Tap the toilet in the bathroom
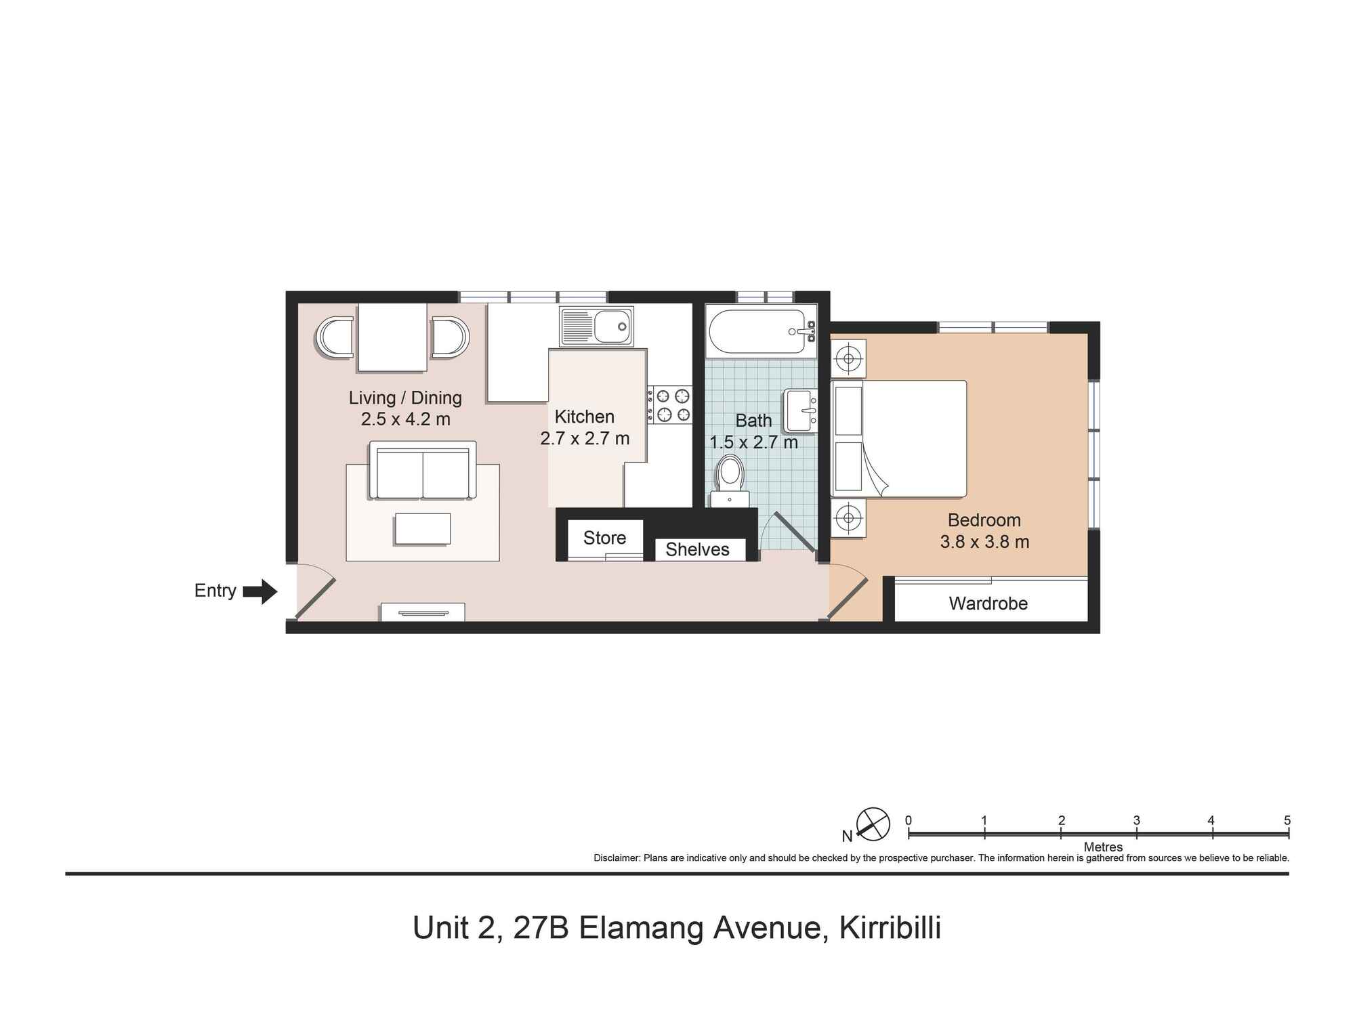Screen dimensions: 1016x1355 click(730, 477)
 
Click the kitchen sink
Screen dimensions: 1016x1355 click(596, 326)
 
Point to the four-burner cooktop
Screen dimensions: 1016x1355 click(669, 405)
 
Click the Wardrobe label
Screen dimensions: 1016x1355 click(988, 604)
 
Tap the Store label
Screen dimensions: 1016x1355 click(604, 538)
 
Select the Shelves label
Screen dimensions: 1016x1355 click(697, 549)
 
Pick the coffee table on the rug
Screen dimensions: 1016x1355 click(423, 529)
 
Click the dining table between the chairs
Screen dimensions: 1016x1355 click(392, 337)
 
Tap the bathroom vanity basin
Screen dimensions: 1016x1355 click(801, 411)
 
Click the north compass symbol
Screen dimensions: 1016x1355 click(873, 824)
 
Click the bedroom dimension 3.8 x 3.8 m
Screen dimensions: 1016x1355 click(984, 542)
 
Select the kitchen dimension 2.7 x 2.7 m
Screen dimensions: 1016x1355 click(585, 438)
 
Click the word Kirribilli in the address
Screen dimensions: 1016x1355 click(890, 928)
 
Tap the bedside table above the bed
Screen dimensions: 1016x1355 click(848, 358)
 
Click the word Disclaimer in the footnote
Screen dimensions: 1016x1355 click(616, 858)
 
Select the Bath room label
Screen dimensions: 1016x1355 click(753, 421)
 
